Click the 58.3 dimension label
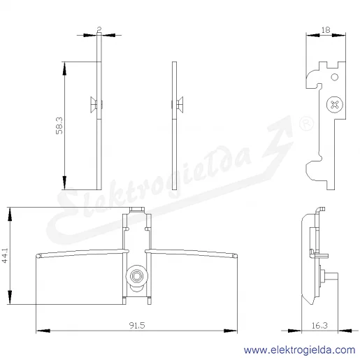point(59,126)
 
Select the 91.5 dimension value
point(137,325)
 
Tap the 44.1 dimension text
point(5,256)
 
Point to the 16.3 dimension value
point(319,325)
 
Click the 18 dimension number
point(326,30)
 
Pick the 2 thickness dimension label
point(99,29)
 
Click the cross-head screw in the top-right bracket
point(335,105)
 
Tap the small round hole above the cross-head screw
point(335,77)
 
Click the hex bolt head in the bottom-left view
point(136,276)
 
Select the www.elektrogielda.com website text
point(299,350)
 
